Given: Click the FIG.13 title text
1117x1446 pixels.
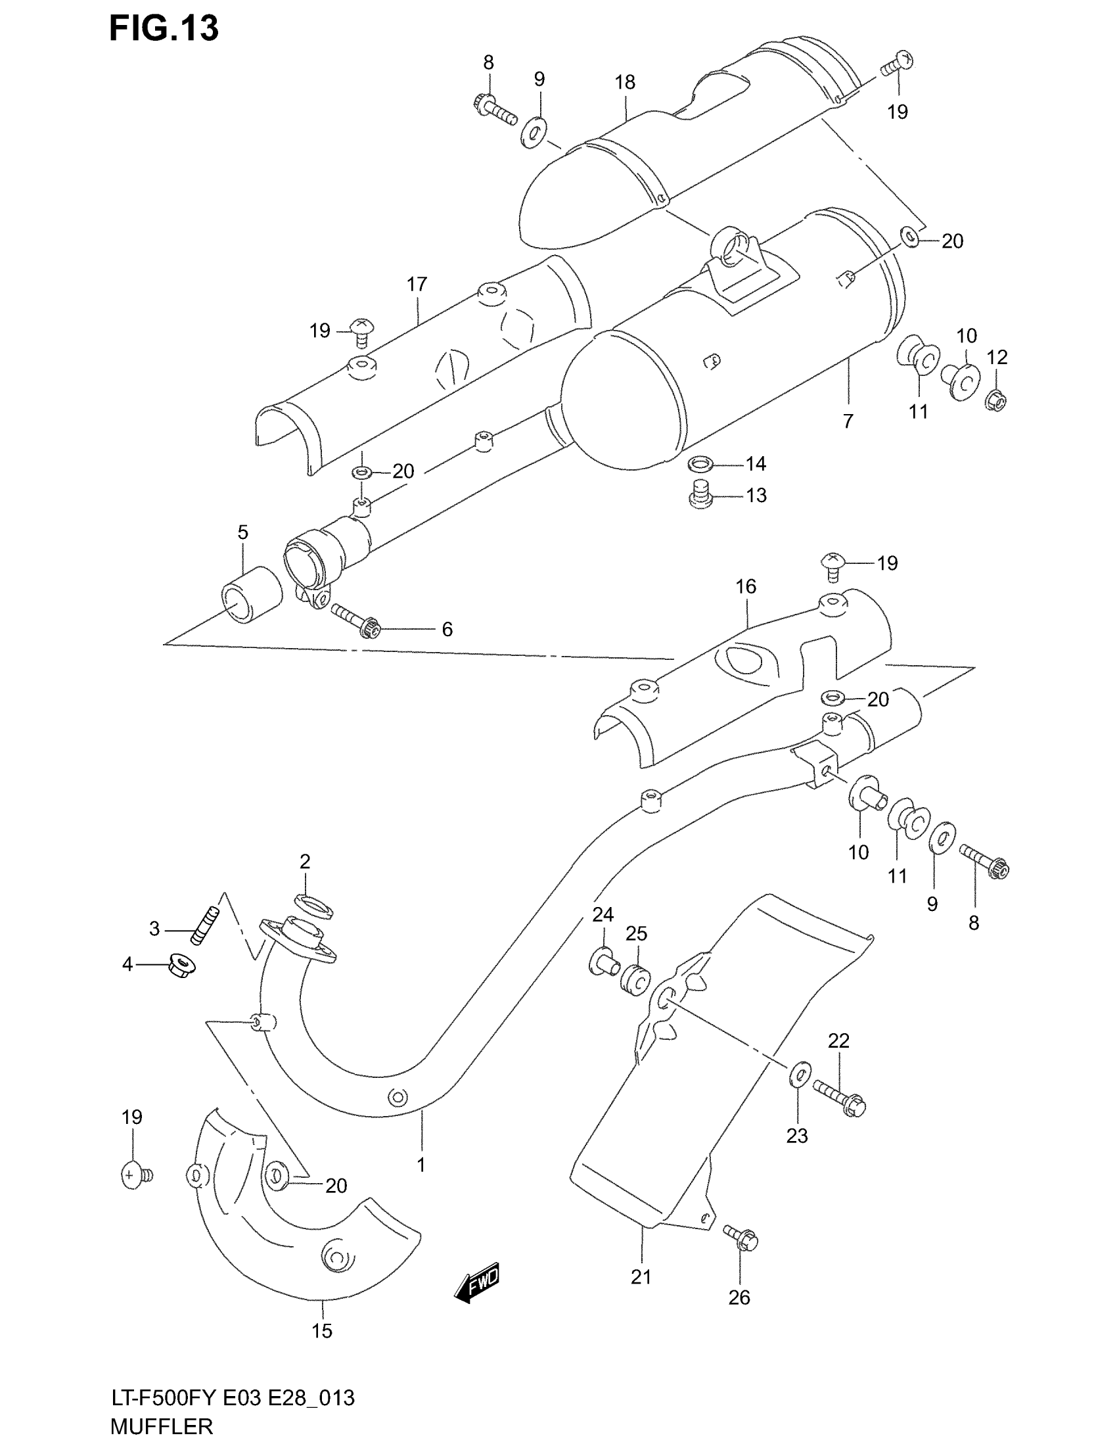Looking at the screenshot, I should click(x=164, y=29).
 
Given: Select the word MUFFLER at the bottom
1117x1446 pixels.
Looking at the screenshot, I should click(x=162, y=1425).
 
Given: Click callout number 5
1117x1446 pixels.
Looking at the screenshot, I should click(x=243, y=532).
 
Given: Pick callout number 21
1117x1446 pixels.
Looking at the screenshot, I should click(x=641, y=1276).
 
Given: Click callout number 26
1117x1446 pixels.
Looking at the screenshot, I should click(x=739, y=1297).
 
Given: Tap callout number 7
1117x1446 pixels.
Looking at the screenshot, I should click(x=848, y=421).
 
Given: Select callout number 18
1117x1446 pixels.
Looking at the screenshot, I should click(x=625, y=82).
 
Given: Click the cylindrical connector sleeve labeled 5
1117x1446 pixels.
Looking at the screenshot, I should click(x=252, y=594).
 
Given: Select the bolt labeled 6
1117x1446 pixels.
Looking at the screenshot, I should click(x=354, y=620).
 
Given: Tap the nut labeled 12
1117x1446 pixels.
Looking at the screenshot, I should click(x=996, y=400).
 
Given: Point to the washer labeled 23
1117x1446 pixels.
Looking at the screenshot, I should click(x=800, y=1072).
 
